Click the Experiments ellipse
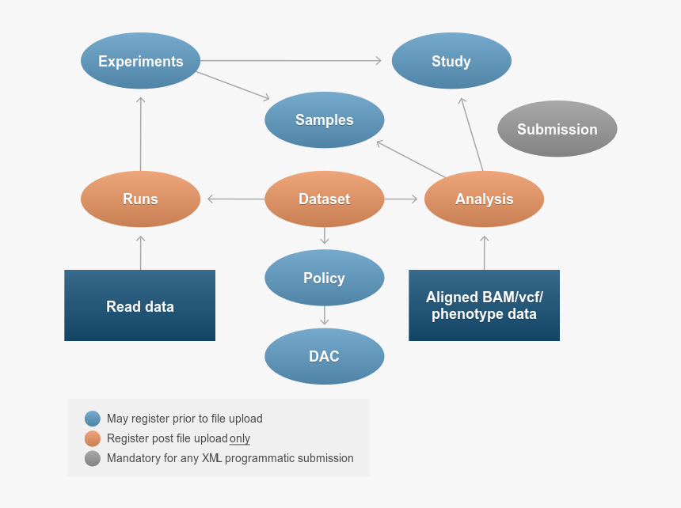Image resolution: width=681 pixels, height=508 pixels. tap(140, 61)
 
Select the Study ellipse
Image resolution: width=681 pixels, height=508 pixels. tap(451, 61)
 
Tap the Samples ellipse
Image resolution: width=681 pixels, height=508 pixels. tap(324, 120)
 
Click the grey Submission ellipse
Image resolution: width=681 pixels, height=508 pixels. tap(557, 129)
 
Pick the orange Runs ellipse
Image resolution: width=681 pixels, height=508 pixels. tap(140, 199)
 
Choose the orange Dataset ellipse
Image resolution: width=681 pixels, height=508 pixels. tap(324, 199)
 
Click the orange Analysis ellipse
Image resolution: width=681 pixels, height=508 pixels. tap(484, 199)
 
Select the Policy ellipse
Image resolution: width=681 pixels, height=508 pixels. tap(324, 278)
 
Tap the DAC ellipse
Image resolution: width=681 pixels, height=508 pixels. tap(324, 356)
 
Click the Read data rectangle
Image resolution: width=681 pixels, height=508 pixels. tap(139, 305)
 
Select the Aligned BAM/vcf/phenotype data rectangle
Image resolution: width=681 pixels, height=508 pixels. tap(484, 305)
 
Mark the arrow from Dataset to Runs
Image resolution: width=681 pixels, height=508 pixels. tap(235, 199)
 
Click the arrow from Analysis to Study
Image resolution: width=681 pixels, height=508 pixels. tap(471, 134)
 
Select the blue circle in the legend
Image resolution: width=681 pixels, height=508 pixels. tap(93, 419)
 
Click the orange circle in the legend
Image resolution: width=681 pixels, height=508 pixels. tap(93, 438)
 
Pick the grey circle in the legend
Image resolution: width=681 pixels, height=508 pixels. tap(93, 458)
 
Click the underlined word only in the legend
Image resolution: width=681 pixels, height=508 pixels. tap(240, 438)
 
